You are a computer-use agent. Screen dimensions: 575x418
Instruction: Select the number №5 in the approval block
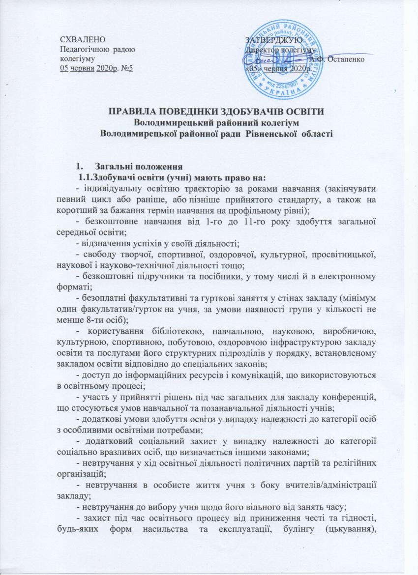click(127, 68)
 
